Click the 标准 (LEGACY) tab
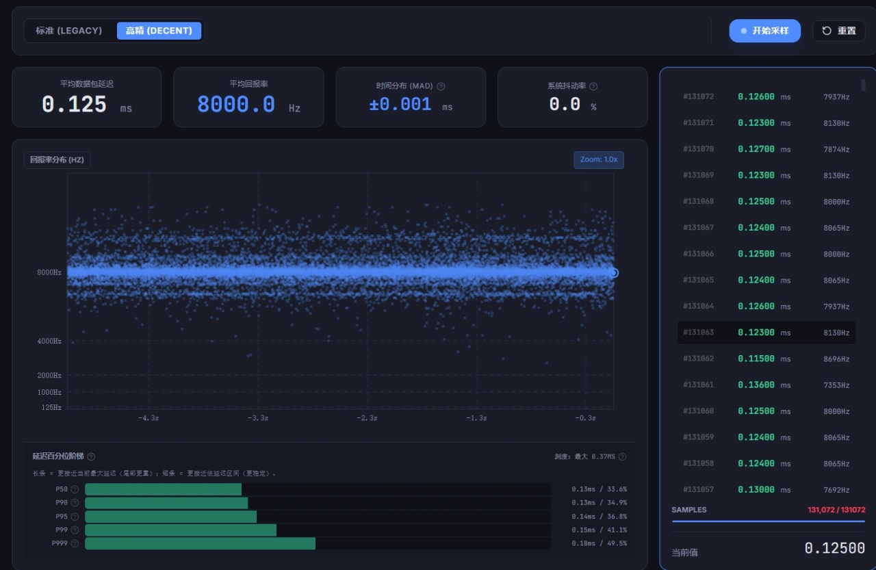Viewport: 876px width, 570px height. coord(69,31)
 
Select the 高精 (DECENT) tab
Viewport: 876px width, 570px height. coord(159,31)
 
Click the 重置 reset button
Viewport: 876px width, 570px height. coord(839,31)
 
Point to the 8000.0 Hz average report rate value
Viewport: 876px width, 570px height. coord(236,105)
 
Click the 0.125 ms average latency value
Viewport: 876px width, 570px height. coord(75,105)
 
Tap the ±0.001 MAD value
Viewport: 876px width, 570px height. coord(400,105)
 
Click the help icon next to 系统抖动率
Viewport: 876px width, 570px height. coord(593,86)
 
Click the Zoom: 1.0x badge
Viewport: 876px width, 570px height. coord(599,159)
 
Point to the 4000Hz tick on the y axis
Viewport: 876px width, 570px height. coord(49,341)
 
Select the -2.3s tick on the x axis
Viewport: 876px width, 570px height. coord(367,418)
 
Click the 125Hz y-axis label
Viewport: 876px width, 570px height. coord(51,407)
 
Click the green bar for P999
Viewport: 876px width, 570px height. coord(201,543)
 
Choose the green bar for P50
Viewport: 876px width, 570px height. coord(163,489)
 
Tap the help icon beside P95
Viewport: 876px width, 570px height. coord(75,517)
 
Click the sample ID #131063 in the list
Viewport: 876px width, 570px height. coord(698,333)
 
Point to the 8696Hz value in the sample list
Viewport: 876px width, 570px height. coord(836,359)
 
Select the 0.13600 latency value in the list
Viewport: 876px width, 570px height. coord(756,385)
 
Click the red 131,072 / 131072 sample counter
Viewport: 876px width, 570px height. coord(836,510)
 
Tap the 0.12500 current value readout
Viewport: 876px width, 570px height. coord(834,548)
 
